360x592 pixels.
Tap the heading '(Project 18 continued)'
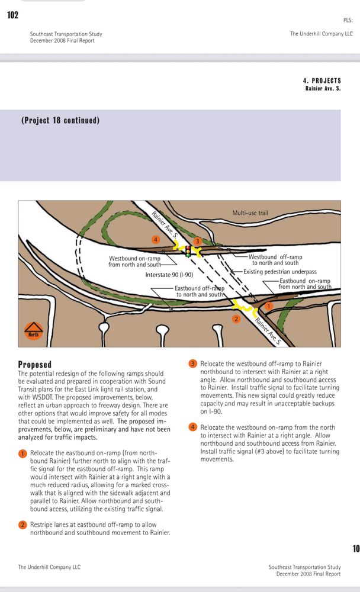pyautogui.click(x=60, y=120)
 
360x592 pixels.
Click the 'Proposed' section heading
pyautogui.click(x=35, y=365)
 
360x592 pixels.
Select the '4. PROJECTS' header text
pyautogui.click(x=322, y=81)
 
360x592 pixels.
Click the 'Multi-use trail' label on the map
pyautogui.click(x=250, y=213)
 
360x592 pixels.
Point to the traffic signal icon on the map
pyautogui.click(x=188, y=251)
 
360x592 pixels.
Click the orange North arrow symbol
pyautogui.click(x=33, y=329)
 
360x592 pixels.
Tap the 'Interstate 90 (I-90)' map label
pyautogui.click(x=170, y=275)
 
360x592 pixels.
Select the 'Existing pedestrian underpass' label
pyautogui.click(x=280, y=272)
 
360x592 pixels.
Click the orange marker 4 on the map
pyautogui.click(x=156, y=240)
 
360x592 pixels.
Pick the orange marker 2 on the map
pyautogui.click(x=236, y=319)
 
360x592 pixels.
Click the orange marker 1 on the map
pyautogui.click(x=268, y=306)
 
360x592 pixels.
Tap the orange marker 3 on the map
pyautogui.click(x=198, y=241)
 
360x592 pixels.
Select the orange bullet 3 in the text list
pyautogui.click(x=192, y=363)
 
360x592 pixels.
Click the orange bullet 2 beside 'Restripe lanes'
pyautogui.click(x=22, y=525)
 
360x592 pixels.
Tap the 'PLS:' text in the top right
pyautogui.click(x=348, y=21)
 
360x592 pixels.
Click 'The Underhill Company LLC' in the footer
pyautogui.click(x=49, y=567)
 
